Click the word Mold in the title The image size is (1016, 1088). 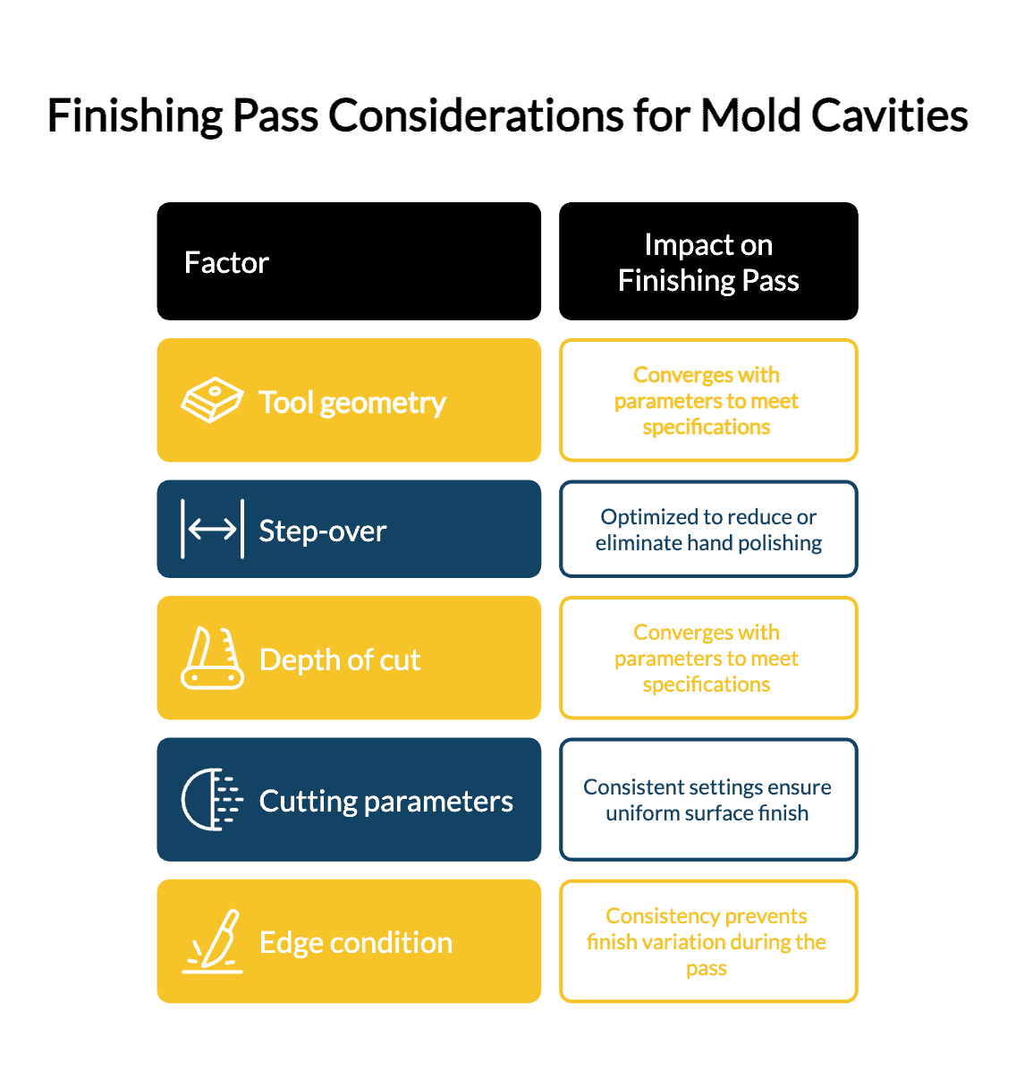[x=749, y=115]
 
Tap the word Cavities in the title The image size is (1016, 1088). [x=889, y=115]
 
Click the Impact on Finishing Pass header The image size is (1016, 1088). [x=708, y=262]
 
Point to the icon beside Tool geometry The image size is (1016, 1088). [x=212, y=399]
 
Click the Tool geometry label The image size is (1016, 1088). [x=352, y=404]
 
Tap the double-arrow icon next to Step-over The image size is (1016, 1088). [x=212, y=529]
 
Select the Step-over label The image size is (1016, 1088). [x=323, y=531]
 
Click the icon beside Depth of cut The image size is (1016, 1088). [x=212, y=658]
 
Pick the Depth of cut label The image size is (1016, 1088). [x=340, y=659]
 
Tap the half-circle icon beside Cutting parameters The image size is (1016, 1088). [x=212, y=799]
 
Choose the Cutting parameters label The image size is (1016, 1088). [x=386, y=802]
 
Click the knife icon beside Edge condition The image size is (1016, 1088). [x=212, y=941]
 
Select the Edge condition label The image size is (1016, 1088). [x=356, y=943]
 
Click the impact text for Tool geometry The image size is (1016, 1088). [x=706, y=401]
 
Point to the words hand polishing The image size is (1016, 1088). [x=754, y=543]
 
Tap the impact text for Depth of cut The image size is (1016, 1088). [x=706, y=658]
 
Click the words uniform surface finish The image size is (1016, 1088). [x=707, y=813]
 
